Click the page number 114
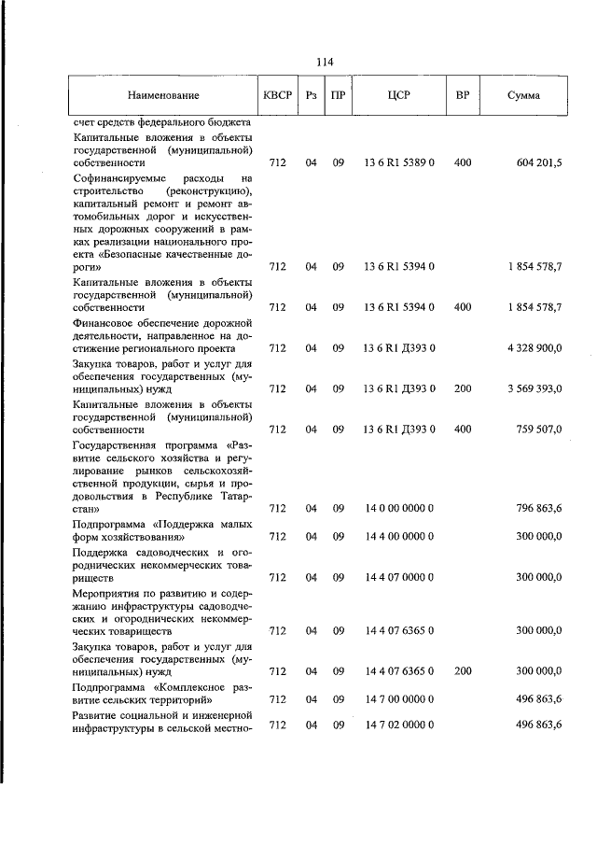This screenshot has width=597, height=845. pyautogui.click(x=325, y=62)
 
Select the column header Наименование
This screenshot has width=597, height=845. pyautogui.click(x=163, y=96)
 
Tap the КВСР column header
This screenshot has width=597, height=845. pyautogui.click(x=276, y=96)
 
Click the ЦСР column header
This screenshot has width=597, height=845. pyautogui.click(x=399, y=96)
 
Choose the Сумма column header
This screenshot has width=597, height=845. pyautogui.click(x=522, y=96)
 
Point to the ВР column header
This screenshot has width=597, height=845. pyautogui.click(x=462, y=96)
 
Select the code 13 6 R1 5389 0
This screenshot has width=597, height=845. pyautogui.click(x=399, y=162)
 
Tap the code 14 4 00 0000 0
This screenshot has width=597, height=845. pyautogui.click(x=399, y=537)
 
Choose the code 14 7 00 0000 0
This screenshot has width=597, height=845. pyautogui.click(x=399, y=698)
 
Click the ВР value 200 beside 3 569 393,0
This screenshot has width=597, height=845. pyautogui.click(x=462, y=388)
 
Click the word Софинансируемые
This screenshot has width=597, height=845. pyautogui.click(x=114, y=176)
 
